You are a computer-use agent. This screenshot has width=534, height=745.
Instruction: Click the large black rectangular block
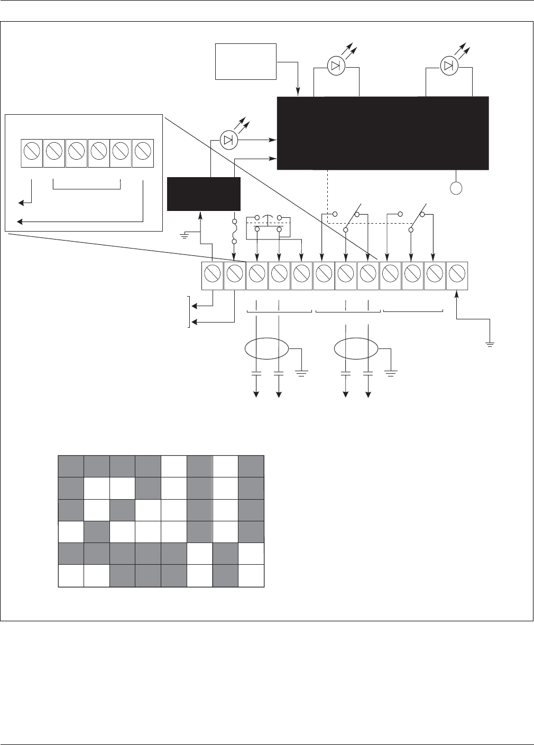tap(383, 133)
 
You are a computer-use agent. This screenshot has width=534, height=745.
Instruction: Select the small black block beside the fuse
tap(204, 194)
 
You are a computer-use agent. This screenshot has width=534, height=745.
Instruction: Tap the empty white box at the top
tap(246, 61)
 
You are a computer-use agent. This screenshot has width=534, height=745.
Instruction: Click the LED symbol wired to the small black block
tap(228, 140)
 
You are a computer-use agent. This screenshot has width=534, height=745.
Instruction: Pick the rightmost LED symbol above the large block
tap(448, 66)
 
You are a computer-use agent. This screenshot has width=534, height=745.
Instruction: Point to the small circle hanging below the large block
tap(456, 188)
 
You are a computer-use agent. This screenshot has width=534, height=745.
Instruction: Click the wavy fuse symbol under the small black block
tap(234, 231)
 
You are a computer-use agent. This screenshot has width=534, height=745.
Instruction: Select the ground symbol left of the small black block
tap(185, 233)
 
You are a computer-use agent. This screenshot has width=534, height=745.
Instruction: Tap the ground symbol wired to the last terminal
tap(491, 344)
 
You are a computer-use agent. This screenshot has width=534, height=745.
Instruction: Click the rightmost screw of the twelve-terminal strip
tap(457, 275)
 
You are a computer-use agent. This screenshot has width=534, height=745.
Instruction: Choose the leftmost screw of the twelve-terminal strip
tap(213, 275)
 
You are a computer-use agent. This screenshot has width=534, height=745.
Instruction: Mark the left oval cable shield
tap(267, 348)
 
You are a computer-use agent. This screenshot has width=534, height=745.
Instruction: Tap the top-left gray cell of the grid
tap(71, 466)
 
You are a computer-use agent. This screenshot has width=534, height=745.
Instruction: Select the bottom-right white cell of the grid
tap(251, 576)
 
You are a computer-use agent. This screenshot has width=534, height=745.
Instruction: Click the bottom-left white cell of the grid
tap(71, 576)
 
